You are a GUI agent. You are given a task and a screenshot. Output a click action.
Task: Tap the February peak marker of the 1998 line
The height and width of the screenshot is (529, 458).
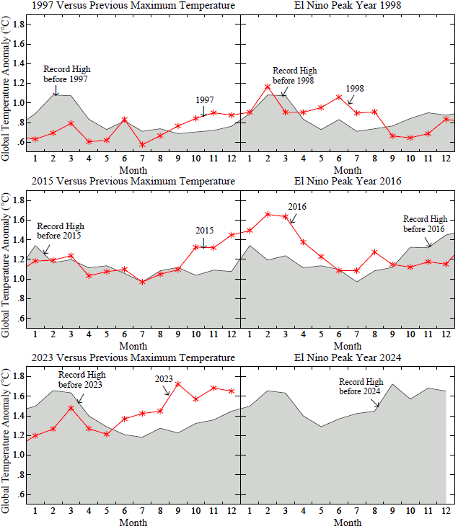[268, 86]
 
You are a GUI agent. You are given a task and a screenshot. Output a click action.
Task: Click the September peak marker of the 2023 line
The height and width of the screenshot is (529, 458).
[178, 383]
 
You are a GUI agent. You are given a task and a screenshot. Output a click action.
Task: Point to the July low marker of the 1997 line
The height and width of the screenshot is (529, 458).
[142, 144]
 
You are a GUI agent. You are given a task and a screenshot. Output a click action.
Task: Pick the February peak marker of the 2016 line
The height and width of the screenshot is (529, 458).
[268, 214]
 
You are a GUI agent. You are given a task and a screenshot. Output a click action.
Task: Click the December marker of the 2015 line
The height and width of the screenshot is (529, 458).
[232, 234]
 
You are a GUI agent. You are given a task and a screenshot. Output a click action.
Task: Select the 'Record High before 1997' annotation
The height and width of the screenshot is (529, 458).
[66, 74]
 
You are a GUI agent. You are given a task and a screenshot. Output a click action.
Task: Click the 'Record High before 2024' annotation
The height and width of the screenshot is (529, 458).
[361, 386]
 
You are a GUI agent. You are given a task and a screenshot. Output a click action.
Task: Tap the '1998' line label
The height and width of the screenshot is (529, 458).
[355, 89]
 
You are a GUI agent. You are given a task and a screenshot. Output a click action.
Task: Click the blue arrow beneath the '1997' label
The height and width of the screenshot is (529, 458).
[204, 111]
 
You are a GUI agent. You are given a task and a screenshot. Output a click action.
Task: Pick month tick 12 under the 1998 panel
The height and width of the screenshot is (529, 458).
[446, 158]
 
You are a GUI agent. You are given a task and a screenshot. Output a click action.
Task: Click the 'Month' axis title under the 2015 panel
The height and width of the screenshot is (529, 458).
[133, 346]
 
